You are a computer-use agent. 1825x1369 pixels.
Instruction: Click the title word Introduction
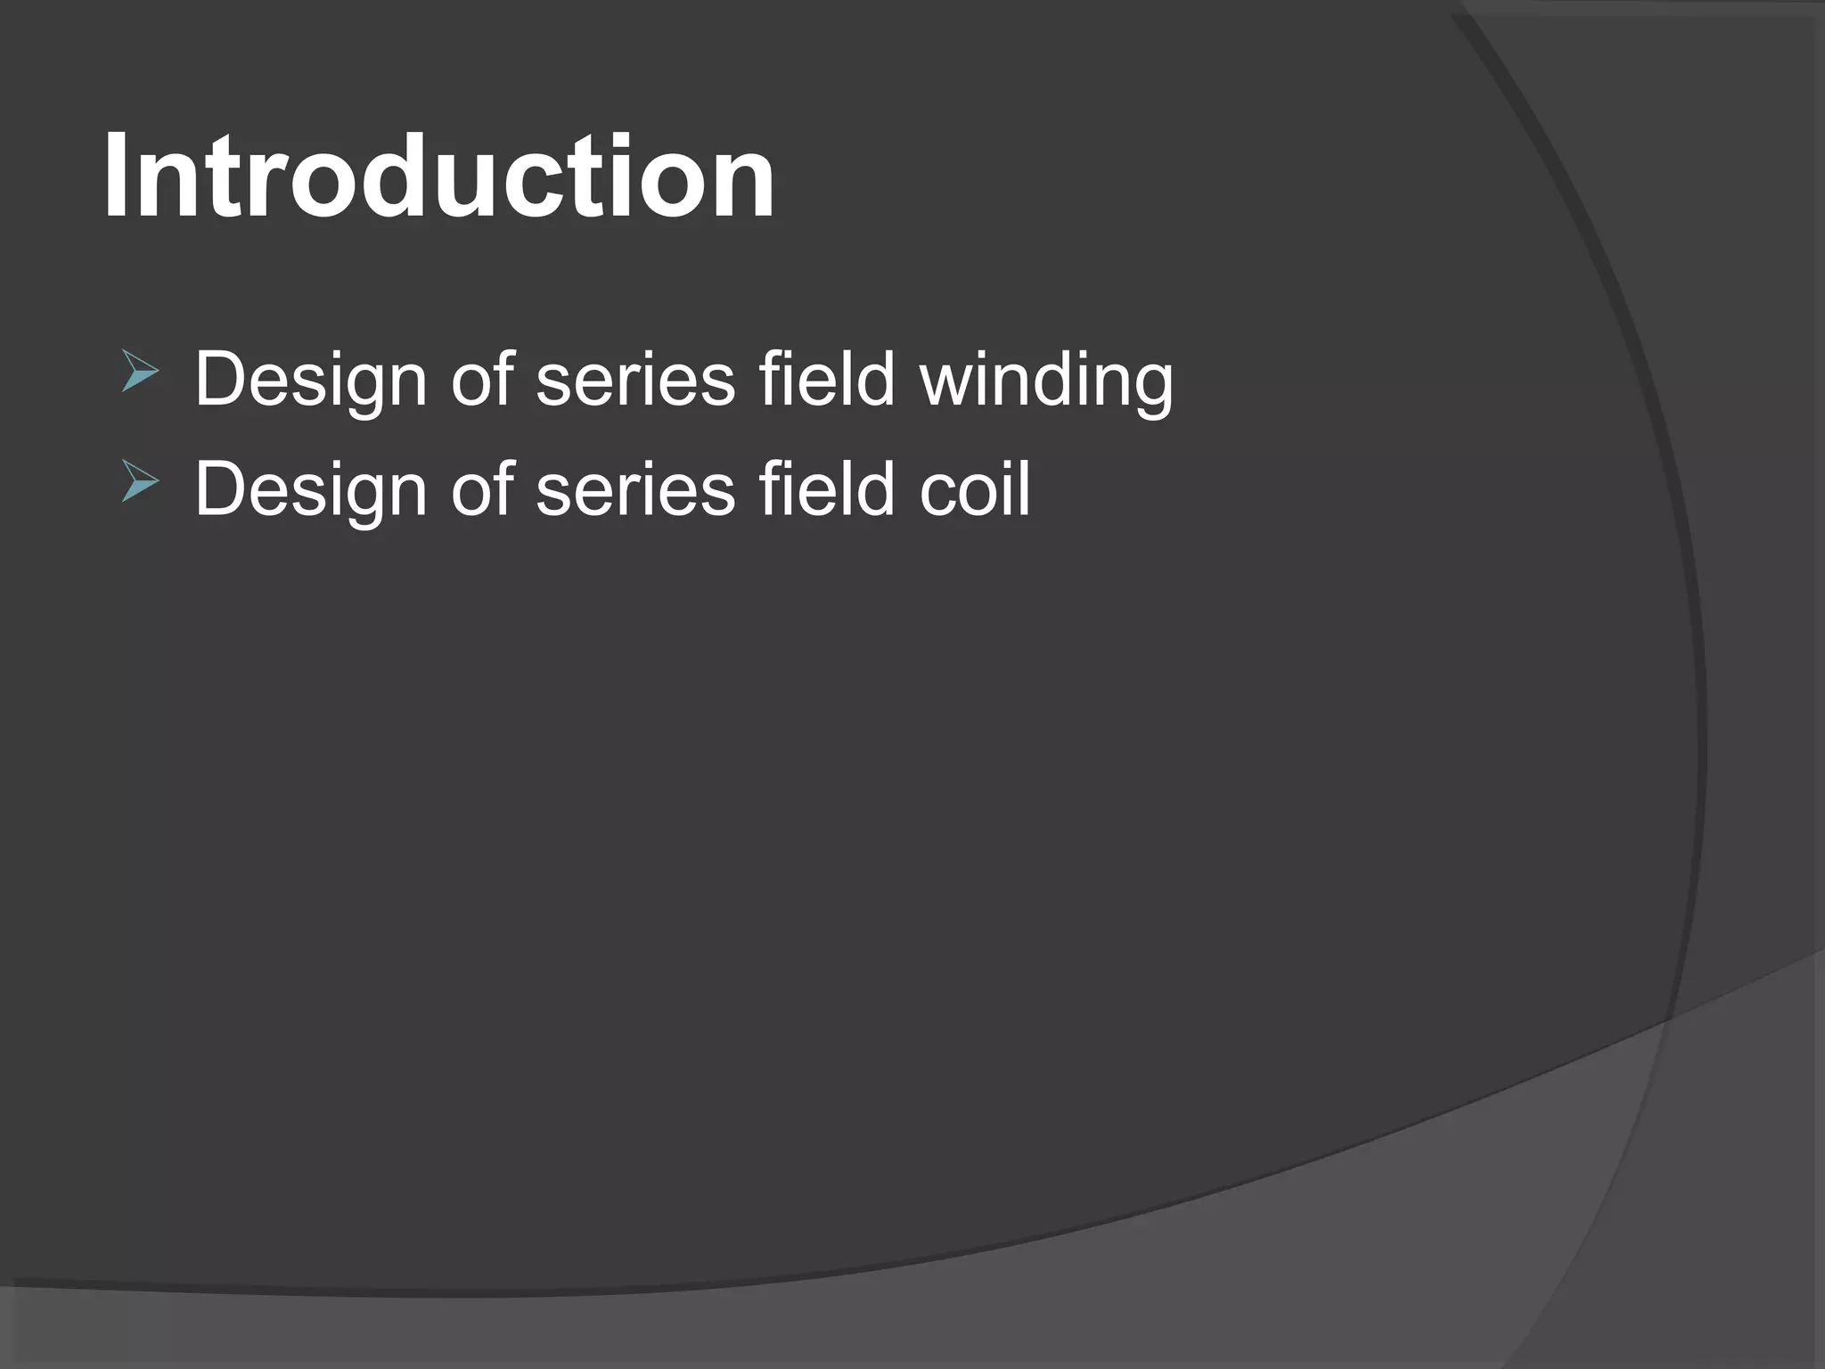438,176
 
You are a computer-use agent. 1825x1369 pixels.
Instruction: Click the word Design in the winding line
311,381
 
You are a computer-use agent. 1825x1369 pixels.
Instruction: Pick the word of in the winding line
482,380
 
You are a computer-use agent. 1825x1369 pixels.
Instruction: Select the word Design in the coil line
311,491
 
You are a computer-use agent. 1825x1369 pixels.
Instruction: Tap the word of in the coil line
482,489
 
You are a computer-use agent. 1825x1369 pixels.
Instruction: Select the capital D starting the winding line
219,380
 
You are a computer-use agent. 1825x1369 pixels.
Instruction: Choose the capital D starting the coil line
219,489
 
